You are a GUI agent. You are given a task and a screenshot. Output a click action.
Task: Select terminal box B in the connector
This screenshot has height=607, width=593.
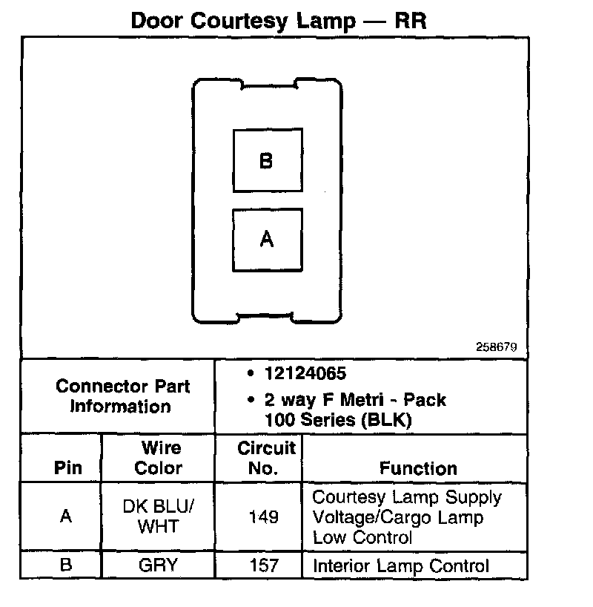[x=267, y=161]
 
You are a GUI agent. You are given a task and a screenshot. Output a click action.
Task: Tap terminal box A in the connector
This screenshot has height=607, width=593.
[x=267, y=240]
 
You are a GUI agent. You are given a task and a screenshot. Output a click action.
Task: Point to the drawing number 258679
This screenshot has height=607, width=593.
[x=496, y=347]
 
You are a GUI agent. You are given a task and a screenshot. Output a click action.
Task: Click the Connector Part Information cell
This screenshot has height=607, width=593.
[x=122, y=396]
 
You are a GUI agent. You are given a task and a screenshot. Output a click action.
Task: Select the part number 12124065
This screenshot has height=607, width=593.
[x=305, y=374]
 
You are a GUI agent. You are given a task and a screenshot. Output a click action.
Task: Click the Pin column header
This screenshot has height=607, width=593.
[x=67, y=468]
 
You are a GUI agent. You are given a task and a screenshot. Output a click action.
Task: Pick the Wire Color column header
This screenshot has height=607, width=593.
[x=159, y=458]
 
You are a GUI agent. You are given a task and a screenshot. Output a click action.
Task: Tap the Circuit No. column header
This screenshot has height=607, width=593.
[x=265, y=458]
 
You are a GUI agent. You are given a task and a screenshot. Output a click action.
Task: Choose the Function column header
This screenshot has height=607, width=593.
[x=418, y=468]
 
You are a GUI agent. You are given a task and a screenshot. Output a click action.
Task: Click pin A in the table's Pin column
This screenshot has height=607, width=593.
[x=66, y=516]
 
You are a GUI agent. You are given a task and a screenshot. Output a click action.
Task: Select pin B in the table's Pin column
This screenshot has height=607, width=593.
[x=66, y=565]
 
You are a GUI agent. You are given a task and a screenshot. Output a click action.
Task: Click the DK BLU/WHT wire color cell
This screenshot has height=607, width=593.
[x=159, y=516]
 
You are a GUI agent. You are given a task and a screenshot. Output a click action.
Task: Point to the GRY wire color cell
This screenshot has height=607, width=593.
[x=159, y=565]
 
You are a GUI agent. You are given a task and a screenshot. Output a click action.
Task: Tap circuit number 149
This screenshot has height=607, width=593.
[x=264, y=516]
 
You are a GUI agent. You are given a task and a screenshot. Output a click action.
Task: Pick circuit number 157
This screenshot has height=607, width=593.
[x=264, y=565]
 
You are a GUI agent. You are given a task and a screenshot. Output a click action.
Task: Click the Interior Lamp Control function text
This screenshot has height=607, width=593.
[x=401, y=566]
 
